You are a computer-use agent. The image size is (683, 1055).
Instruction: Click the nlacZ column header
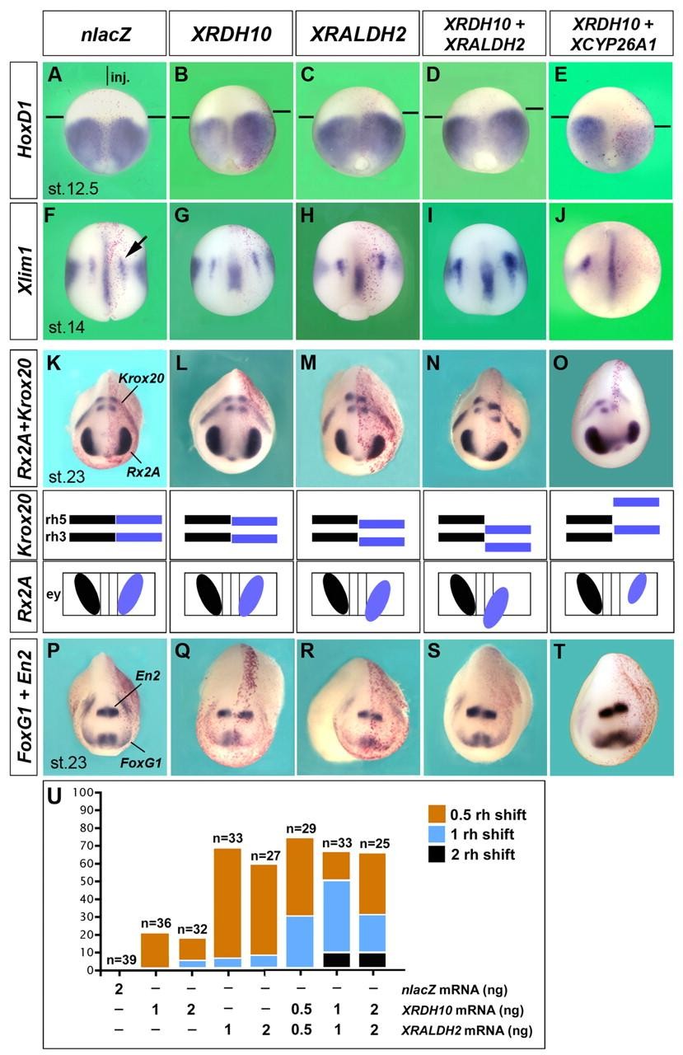click(x=103, y=34)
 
